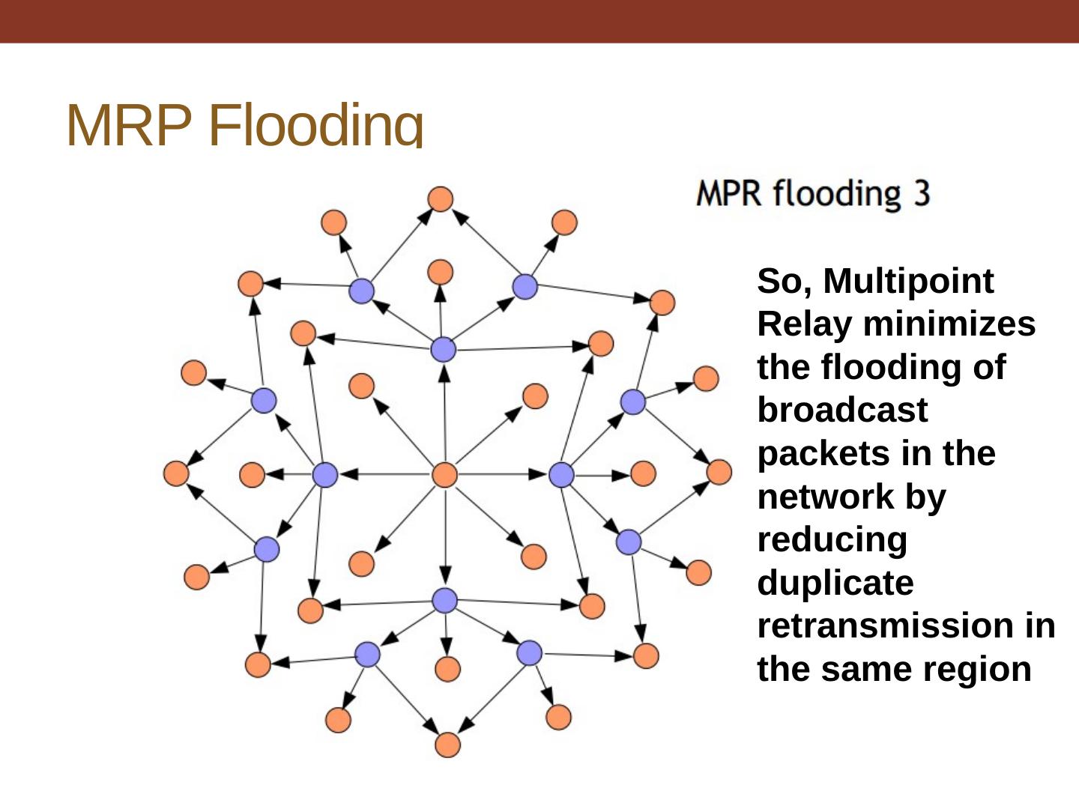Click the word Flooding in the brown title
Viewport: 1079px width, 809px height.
click(315, 125)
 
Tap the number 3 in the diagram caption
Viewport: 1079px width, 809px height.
click(921, 193)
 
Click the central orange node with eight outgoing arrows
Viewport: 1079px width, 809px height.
click(445, 475)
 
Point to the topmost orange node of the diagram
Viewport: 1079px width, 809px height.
click(441, 199)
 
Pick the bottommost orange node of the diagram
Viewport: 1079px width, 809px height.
click(447, 745)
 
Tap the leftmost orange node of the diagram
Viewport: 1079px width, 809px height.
click(176, 473)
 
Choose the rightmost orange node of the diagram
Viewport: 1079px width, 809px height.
click(719, 472)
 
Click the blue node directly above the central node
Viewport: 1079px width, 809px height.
click(444, 349)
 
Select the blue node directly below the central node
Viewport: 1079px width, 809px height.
click(445, 600)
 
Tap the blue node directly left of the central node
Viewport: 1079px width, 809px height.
click(325, 474)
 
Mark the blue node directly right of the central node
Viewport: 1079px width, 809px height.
click(561, 474)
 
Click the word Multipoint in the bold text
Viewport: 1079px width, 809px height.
click(908, 282)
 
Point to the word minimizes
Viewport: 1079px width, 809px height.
click(949, 324)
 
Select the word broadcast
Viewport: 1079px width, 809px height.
click(842, 410)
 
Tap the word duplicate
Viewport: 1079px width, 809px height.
click(835, 583)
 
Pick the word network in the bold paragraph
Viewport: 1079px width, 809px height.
click(814, 497)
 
